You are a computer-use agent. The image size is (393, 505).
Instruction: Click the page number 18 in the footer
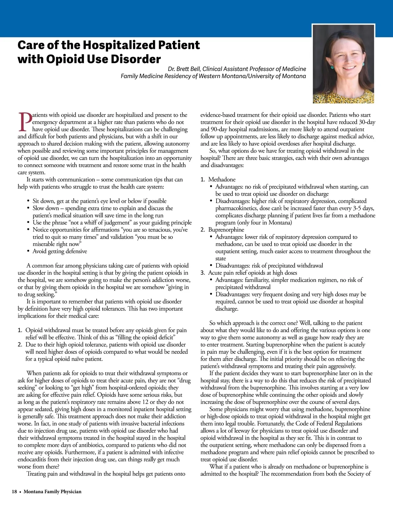[x=14, y=492]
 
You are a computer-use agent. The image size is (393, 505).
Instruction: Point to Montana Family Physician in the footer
[x=52, y=492]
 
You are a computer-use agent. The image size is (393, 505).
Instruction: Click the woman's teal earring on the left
[x=331, y=67]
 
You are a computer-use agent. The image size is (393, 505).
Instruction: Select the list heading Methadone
[x=222, y=179]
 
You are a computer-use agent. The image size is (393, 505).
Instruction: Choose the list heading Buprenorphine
[x=226, y=230]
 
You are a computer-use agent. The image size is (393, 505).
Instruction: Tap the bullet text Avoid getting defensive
[x=60, y=251]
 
